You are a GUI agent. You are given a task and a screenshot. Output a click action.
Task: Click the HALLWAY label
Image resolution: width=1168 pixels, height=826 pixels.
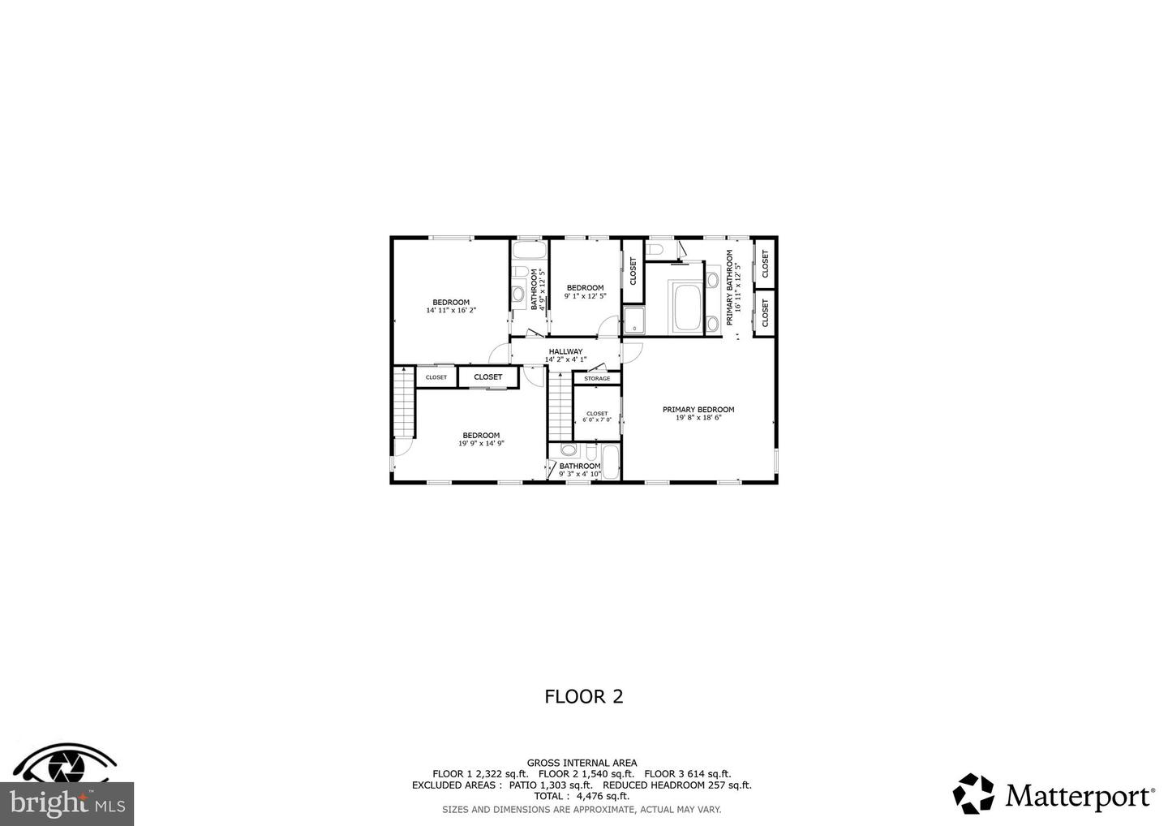click(565, 351)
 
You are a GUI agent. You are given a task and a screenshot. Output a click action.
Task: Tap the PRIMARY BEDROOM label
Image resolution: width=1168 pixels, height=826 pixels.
click(698, 410)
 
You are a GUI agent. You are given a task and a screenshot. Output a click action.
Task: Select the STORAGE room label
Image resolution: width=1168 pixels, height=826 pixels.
click(597, 379)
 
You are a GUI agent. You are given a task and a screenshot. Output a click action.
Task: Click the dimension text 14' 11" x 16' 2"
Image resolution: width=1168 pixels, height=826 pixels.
click(450, 310)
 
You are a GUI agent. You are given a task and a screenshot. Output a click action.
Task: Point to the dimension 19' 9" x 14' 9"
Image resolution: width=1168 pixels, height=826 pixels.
click(481, 443)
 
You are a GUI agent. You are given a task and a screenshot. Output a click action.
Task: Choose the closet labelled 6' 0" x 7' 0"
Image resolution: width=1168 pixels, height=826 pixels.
click(597, 417)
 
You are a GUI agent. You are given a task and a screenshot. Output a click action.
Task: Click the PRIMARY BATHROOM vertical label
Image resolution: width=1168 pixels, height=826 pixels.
click(729, 288)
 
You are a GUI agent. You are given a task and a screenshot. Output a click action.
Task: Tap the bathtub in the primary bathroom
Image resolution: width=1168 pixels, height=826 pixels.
click(686, 308)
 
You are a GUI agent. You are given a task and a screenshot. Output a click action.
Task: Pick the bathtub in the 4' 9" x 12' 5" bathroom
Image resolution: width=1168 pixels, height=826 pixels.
click(530, 249)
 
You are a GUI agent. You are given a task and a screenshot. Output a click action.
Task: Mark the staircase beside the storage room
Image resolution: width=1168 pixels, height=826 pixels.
click(559, 405)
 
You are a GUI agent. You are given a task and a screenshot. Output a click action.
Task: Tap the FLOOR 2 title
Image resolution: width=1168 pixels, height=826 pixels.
click(583, 696)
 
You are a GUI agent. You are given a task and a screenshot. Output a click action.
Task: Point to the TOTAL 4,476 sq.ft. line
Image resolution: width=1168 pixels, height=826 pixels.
click(582, 796)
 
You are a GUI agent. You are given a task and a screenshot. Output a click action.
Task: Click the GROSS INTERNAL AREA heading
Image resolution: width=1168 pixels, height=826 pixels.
click(582, 763)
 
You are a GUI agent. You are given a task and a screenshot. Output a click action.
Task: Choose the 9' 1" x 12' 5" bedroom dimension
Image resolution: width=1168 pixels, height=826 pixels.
click(585, 296)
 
